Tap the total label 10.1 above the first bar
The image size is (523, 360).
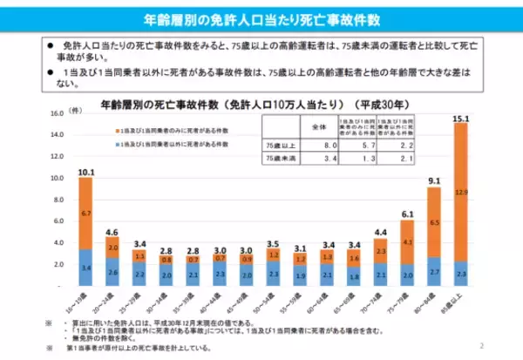pyautogui.click(x=85, y=172)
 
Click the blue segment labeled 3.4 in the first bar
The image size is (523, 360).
pyautogui.click(x=85, y=268)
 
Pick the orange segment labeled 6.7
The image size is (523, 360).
pyautogui.click(x=85, y=213)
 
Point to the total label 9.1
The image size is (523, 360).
pyautogui.click(x=433, y=181)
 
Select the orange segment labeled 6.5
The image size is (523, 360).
pyautogui.click(x=433, y=222)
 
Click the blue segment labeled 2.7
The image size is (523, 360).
pyautogui.click(x=433, y=272)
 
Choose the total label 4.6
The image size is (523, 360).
pyautogui.click(x=113, y=232)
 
